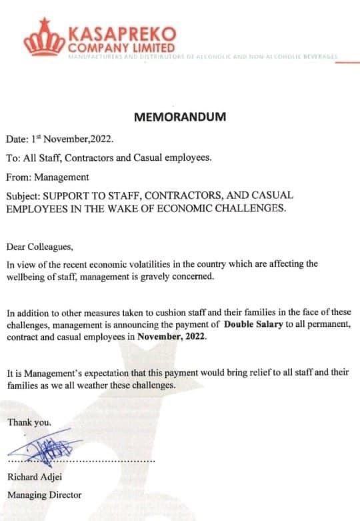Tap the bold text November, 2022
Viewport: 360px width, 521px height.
172,337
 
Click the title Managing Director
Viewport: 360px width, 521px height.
44,495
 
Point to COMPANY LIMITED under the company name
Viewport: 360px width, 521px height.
121,48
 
